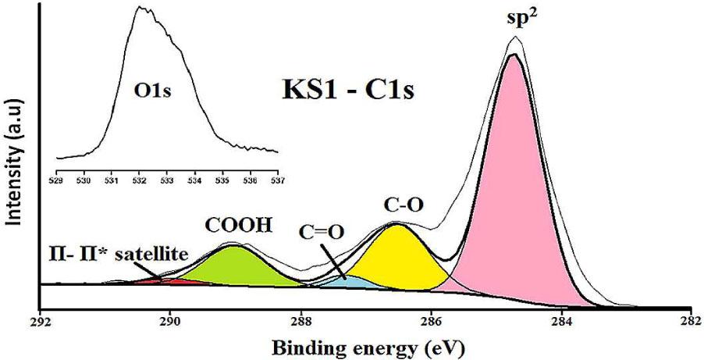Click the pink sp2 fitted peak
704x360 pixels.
click(x=515, y=195)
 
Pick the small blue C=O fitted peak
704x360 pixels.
click(x=343, y=280)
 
